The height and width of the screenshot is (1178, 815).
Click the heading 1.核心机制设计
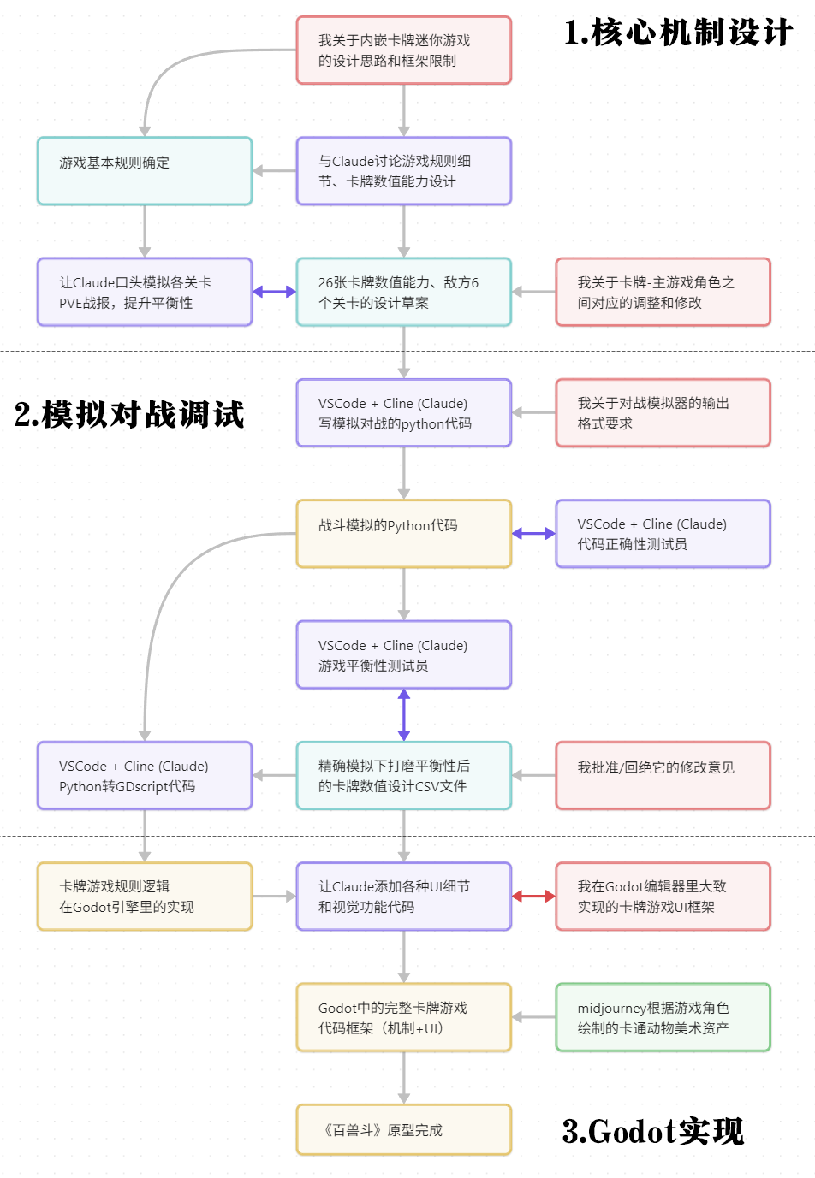[678, 33]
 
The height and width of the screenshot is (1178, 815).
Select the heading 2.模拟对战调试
[129, 414]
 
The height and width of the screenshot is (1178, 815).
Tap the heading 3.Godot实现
[652, 1131]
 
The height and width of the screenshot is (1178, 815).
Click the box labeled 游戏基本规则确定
[145, 171]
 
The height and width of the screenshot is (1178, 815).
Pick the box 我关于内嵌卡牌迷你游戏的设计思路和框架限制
[403, 50]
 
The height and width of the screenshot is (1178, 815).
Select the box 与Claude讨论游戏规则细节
[403, 171]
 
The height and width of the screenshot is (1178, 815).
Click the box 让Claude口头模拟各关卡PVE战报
[145, 292]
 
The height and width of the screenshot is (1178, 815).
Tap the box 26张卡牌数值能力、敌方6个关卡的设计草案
[403, 292]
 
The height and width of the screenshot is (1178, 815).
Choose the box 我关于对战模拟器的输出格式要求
[663, 413]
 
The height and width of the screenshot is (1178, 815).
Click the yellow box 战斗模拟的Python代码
[403, 534]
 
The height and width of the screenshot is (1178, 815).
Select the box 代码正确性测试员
[663, 534]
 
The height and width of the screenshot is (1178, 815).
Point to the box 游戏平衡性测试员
[403, 654]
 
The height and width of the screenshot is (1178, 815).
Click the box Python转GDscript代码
[145, 775]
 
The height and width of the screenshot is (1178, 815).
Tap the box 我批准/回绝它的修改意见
[663, 775]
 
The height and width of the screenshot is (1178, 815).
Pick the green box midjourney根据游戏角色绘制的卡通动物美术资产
[663, 1017]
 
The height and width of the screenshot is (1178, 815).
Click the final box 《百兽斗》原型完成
[403, 1129]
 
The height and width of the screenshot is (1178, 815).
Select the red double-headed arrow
[533, 897]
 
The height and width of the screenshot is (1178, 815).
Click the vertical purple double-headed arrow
[404, 715]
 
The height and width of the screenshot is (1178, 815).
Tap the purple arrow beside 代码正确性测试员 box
[533, 534]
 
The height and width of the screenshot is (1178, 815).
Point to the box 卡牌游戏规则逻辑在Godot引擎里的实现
[145, 897]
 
